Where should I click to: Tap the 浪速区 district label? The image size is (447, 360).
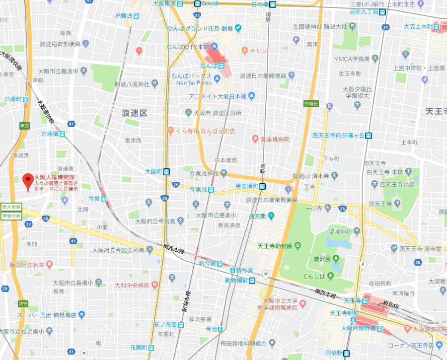(135, 113)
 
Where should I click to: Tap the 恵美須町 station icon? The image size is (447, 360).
(262, 186)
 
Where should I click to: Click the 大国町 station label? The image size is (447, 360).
(153, 171)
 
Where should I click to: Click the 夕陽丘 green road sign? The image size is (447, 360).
(311, 104)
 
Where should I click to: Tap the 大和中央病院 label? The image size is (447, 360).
(132, 285)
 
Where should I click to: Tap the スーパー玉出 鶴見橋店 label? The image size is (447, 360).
(46, 315)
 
